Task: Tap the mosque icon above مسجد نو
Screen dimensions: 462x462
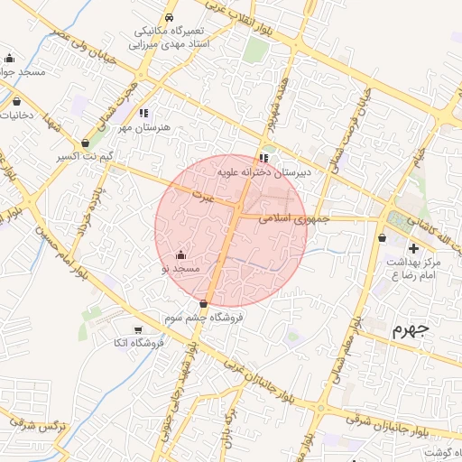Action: (181, 254)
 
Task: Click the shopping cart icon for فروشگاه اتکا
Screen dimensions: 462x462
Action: (138, 329)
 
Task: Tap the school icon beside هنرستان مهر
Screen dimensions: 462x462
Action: (143, 114)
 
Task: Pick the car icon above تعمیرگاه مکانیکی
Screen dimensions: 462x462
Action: (170, 17)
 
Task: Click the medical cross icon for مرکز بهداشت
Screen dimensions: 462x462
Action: (413, 247)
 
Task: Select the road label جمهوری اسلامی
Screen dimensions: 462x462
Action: (295, 219)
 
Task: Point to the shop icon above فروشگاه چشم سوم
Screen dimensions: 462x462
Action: (203, 303)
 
